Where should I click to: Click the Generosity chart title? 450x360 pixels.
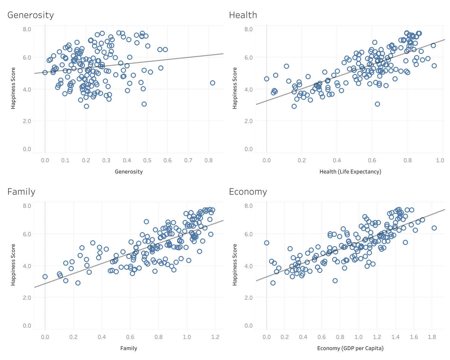point(31,15)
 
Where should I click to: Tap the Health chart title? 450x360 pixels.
point(243,15)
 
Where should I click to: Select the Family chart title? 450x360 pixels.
point(21,191)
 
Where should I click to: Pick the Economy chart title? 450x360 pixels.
point(248,191)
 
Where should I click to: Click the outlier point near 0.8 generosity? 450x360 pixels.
point(213,83)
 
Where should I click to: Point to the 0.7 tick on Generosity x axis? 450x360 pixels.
point(188,160)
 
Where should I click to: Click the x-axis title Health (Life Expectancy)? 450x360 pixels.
point(350,171)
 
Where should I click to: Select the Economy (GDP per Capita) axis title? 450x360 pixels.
point(350,348)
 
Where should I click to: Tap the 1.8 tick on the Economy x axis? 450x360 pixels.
point(432,337)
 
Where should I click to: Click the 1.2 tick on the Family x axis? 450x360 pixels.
point(215,337)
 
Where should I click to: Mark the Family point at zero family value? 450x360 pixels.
point(45,276)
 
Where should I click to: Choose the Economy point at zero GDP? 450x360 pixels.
point(266,243)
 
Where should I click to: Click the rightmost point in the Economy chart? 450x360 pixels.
point(434,228)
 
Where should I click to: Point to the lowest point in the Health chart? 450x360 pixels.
point(294,106)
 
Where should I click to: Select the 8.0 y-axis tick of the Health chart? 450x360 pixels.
point(249,29)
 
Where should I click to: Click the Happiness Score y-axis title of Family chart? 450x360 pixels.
point(13,265)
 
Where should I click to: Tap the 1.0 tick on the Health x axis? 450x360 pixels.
point(440,160)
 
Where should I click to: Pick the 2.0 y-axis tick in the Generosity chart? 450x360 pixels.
point(27,121)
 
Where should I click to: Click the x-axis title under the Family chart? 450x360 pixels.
point(129,348)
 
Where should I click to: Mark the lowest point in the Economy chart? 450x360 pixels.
point(273,283)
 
